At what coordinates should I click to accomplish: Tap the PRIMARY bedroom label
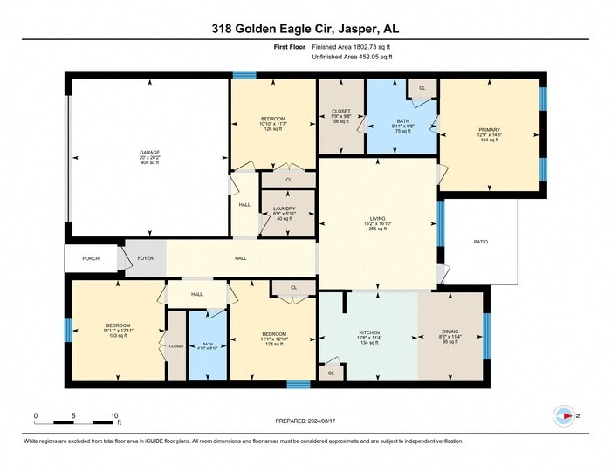point(489,134)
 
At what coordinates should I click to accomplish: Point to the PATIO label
point(480,242)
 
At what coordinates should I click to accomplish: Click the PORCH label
point(91,258)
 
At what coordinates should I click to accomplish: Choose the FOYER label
point(145,258)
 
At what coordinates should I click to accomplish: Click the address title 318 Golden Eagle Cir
point(305,29)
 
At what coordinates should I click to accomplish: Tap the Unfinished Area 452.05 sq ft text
point(353,57)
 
